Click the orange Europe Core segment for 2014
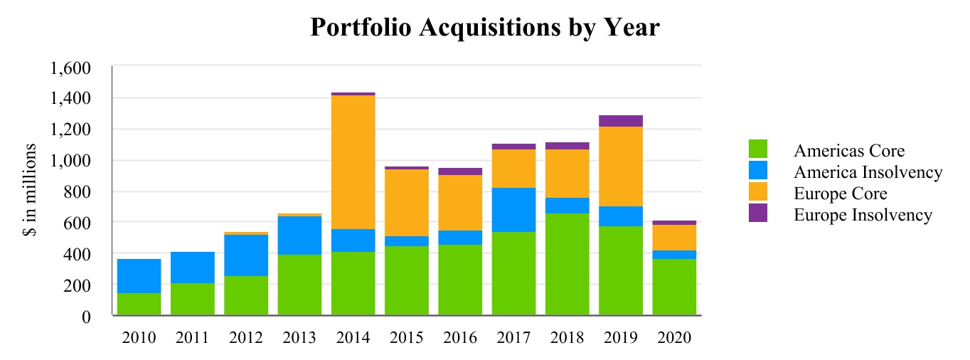353,162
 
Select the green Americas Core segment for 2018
567,264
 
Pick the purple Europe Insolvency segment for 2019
621,121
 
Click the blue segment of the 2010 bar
139,276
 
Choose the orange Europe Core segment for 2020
674,238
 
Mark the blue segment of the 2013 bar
299,235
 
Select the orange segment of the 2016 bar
460,203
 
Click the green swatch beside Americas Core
758,149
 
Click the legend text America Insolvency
868,172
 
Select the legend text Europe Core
840,194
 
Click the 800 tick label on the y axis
80,192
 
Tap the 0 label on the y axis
87,317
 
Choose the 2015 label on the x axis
407,338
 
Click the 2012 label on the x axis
246,338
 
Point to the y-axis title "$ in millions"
31,192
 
